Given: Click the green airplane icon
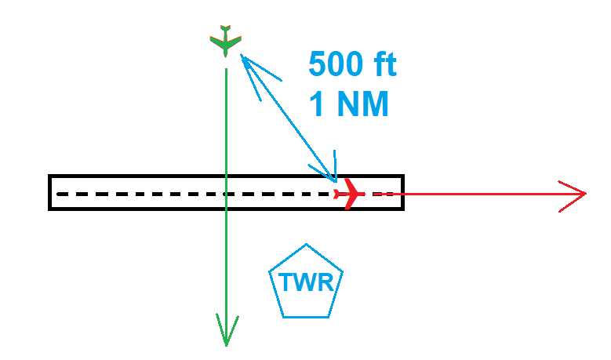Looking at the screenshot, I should [x=226, y=41].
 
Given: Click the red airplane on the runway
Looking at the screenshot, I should [x=347, y=193].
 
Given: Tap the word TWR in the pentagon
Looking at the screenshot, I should [x=306, y=282].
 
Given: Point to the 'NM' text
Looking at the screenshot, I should [x=360, y=104].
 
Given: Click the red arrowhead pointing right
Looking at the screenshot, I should [x=578, y=192].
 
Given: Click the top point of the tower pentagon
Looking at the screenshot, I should [x=305, y=245].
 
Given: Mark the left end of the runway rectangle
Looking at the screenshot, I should [x=50, y=192].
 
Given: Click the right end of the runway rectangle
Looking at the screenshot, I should [x=402, y=192].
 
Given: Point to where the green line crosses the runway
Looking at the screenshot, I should [x=226, y=192].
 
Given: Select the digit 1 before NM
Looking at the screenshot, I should [x=318, y=104].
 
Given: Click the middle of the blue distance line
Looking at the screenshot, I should [x=289, y=118].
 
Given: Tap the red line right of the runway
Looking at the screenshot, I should [x=486, y=192].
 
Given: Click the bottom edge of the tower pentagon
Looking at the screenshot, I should [x=306, y=317].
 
